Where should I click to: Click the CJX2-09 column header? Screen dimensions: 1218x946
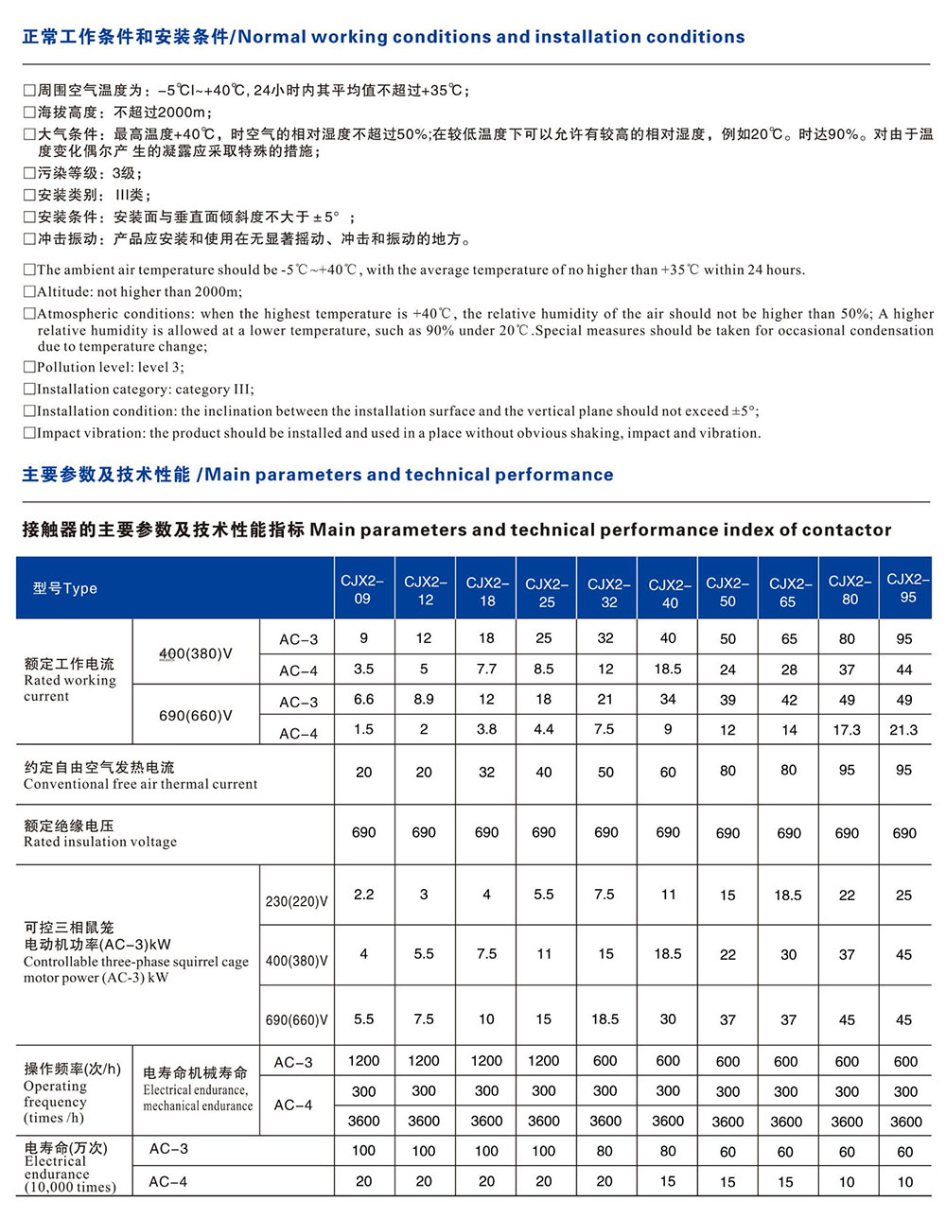(x=363, y=588)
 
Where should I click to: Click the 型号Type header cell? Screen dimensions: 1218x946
(x=65, y=588)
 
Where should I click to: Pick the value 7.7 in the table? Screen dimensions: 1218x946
(x=486, y=670)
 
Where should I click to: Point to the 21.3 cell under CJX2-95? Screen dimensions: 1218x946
(x=903, y=730)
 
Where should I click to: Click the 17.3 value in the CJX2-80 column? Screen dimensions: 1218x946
(x=847, y=730)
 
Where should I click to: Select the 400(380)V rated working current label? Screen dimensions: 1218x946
(x=195, y=653)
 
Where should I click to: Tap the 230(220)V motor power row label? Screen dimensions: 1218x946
(x=296, y=901)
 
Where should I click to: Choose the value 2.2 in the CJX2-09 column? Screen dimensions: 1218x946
(x=363, y=895)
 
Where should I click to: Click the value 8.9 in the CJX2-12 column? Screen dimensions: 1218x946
(x=424, y=700)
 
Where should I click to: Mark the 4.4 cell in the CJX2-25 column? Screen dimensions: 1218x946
(x=544, y=730)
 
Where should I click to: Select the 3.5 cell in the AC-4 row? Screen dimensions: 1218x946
(x=363, y=670)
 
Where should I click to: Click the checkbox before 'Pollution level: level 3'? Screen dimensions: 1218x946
(x=29, y=367)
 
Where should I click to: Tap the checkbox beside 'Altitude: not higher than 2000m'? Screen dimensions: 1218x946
(x=29, y=292)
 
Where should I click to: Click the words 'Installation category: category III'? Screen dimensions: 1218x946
(x=145, y=389)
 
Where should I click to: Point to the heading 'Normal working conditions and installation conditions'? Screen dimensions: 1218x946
(x=491, y=38)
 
